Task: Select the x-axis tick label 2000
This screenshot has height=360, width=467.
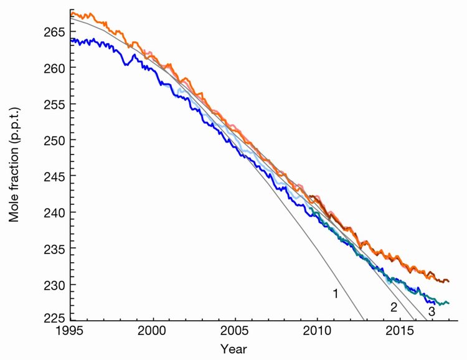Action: point(154,331)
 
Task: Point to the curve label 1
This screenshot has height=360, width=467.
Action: point(335,293)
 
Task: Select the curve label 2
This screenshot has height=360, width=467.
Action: point(394,306)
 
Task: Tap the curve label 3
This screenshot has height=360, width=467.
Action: point(431,311)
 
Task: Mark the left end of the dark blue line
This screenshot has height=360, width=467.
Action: point(71,40)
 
